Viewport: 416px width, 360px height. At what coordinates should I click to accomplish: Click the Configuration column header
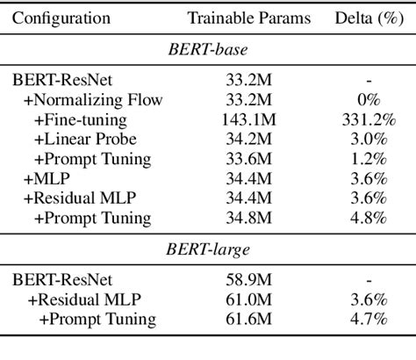[61, 18]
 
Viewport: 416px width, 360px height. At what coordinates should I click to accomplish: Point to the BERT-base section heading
[207, 50]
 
